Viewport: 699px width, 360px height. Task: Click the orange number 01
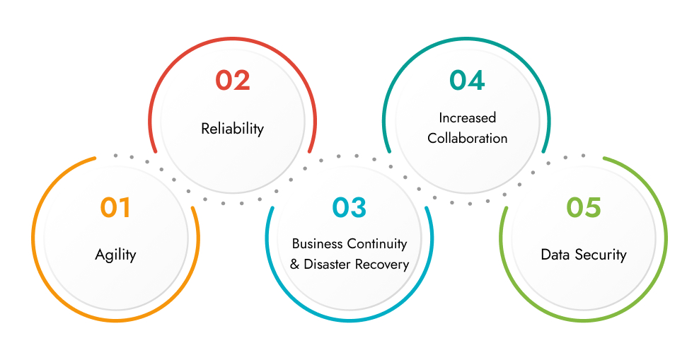tap(115, 208)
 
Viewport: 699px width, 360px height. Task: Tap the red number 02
tap(233, 81)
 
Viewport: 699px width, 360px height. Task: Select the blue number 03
tap(349, 208)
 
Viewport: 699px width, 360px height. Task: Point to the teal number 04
tap(467, 80)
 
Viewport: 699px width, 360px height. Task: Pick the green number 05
tap(584, 208)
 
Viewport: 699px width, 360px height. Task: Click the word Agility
tap(115, 255)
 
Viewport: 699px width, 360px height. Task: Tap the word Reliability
tap(233, 129)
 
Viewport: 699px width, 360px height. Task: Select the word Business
tap(318, 244)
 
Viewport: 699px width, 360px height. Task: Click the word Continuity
tap(377, 244)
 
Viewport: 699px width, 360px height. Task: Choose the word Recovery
tap(382, 265)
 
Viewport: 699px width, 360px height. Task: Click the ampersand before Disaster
tap(294, 265)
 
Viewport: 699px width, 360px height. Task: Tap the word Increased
tap(467, 117)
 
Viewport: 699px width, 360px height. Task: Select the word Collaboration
tap(467, 138)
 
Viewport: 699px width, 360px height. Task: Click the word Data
tap(555, 255)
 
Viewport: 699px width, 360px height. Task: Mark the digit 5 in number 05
tap(593, 208)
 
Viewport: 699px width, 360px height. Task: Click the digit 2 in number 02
tap(242, 81)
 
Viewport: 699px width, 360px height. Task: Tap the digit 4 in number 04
tap(476, 80)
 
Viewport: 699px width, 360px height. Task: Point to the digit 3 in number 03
tap(359, 208)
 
